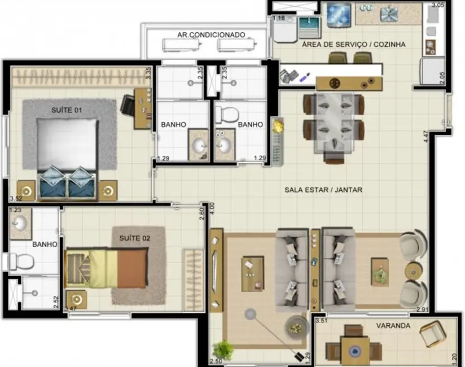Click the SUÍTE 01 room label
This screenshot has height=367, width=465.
(x=66, y=110)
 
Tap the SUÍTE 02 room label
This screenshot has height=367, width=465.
(x=135, y=238)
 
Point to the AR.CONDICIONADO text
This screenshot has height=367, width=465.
(x=211, y=35)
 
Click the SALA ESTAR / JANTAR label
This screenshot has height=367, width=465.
(x=323, y=190)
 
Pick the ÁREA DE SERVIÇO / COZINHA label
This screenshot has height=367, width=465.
(x=353, y=44)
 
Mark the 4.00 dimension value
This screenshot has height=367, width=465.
(x=212, y=208)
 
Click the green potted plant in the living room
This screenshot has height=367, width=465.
(x=223, y=349)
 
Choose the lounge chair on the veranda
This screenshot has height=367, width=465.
(x=436, y=334)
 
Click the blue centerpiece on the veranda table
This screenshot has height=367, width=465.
(x=355, y=351)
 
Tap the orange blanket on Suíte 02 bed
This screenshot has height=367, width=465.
(x=132, y=269)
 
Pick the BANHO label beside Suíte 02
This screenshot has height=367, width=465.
(x=45, y=244)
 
